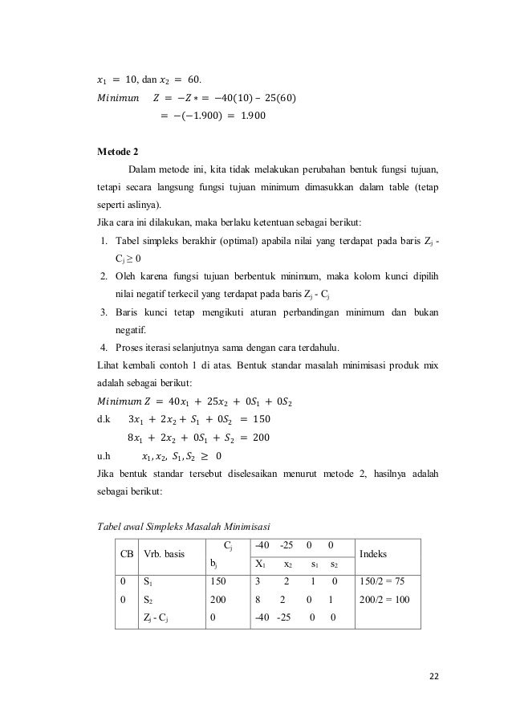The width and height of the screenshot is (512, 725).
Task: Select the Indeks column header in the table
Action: [379, 554]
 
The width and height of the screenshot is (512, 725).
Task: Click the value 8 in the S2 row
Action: [257, 599]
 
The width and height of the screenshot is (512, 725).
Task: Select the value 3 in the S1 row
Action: [257, 580]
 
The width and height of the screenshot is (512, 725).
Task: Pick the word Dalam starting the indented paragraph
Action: [143, 170]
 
